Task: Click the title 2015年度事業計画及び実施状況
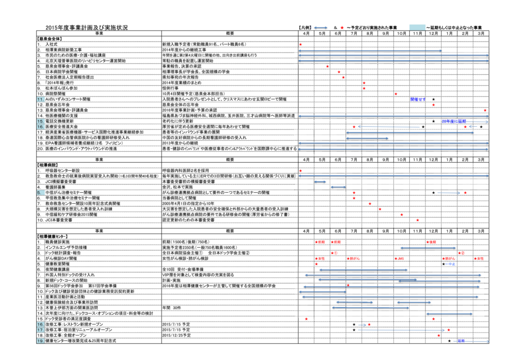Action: [86, 28]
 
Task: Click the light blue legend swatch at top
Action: [417, 27]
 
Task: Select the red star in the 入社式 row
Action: [301, 45]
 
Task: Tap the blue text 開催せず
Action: [418, 99]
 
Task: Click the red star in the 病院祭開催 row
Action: [396, 94]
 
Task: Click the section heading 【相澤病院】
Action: [48, 165]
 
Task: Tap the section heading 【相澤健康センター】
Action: [52, 236]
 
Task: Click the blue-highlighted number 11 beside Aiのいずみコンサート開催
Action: [39, 99]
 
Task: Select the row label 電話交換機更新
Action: [59, 121]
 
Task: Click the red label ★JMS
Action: [399, 258]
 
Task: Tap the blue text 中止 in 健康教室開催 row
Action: [451, 264]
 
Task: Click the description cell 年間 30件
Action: [172, 308]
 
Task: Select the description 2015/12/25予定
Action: [176, 335]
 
